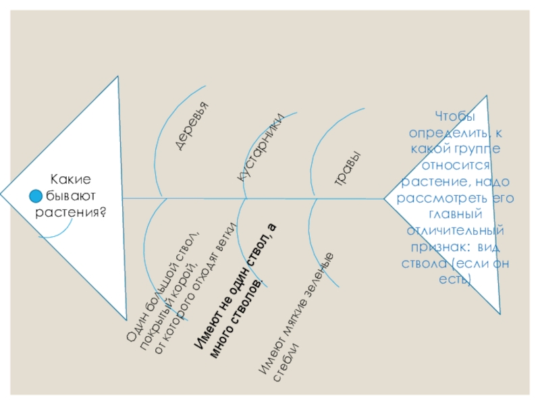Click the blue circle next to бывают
[x=36, y=196]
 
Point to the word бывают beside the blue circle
[x=72, y=196]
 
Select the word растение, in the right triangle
[x=432, y=182]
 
